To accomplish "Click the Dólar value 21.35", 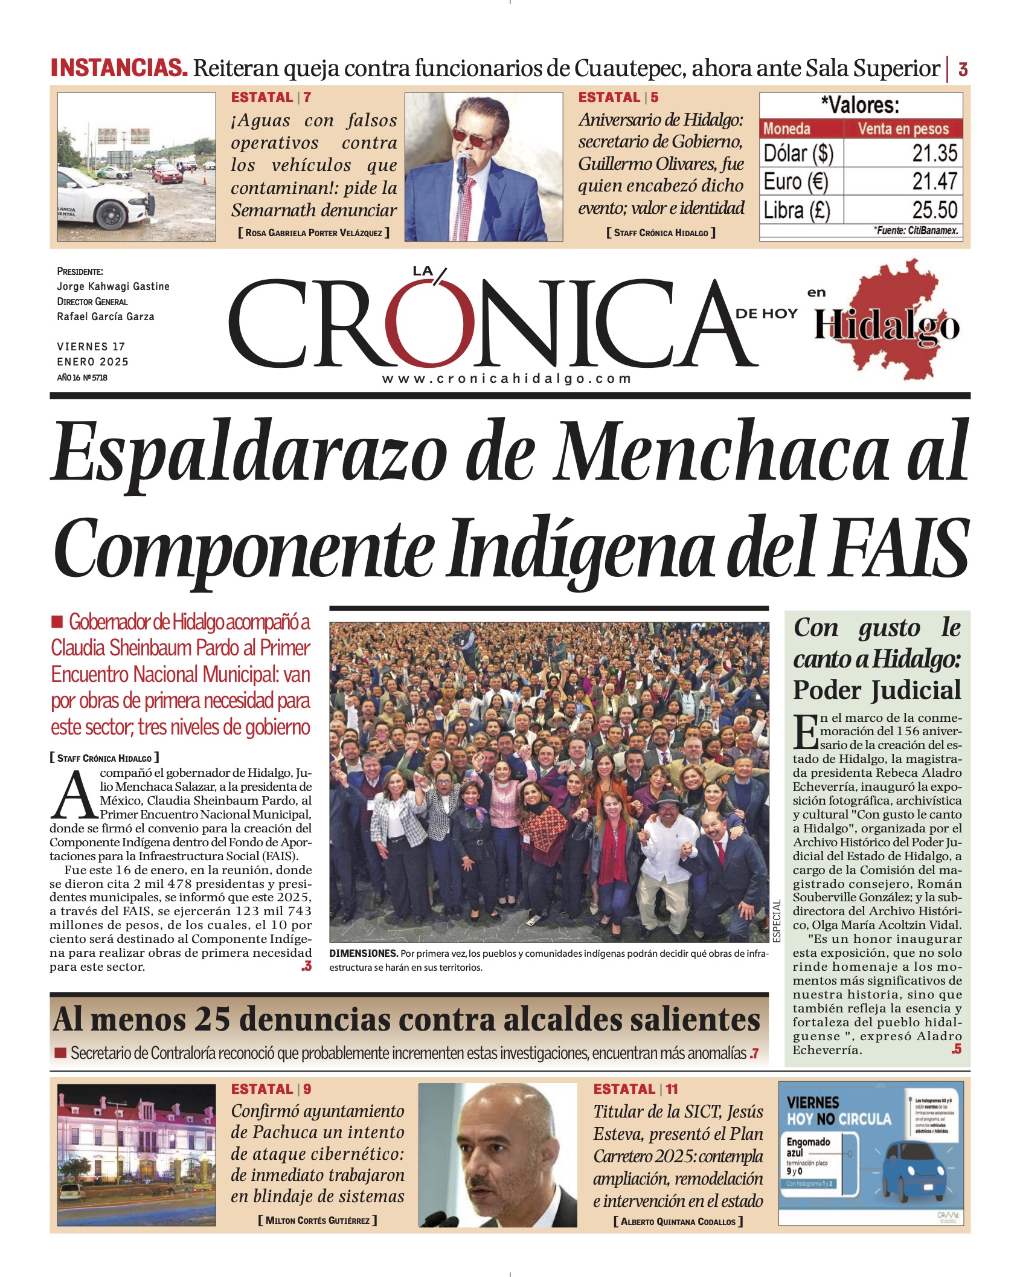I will [x=934, y=153].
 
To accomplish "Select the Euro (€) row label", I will [x=795, y=182].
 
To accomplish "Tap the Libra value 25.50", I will [x=934, y=210].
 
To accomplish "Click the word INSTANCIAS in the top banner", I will [x=119, y=68].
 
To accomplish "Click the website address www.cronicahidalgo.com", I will [x=507, y=379].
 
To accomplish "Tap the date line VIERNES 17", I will [x=91, y=347].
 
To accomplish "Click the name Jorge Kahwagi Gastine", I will [x=113, y=286].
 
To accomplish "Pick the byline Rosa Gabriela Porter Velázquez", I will [x=313, y=233].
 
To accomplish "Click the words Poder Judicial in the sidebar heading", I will [x=877, y=690].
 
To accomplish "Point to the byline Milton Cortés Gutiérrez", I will [x=317, y=1220].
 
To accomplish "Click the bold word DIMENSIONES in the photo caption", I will [x=363, y=953].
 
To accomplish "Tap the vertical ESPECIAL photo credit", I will [x=777, y=920].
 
